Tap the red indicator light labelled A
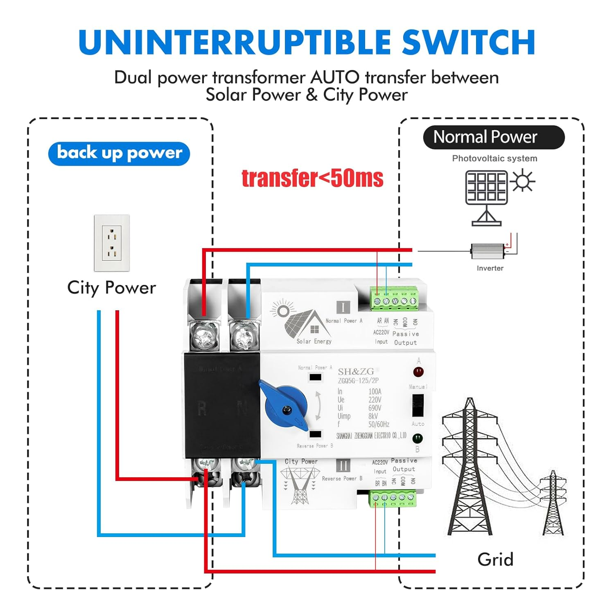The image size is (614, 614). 418,372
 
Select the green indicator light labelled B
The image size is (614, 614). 418,438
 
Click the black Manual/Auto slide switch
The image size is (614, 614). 418,405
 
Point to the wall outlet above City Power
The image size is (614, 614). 112,243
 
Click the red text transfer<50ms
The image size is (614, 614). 312,178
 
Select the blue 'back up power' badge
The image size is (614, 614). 119,153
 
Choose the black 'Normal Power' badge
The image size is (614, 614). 493,137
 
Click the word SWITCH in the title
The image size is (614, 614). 469,42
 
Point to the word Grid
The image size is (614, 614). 495,559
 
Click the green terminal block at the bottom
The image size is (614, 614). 393,498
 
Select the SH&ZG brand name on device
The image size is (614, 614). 356,372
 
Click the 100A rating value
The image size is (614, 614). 375,391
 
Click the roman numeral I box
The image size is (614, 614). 343,307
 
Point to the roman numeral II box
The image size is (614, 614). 343,466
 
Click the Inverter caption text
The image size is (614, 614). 490,268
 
